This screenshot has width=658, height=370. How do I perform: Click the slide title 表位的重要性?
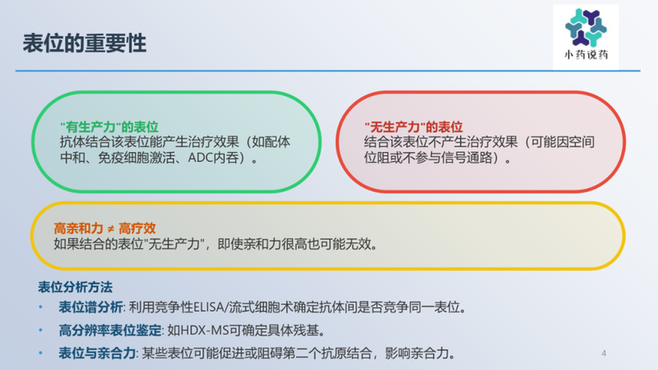85,44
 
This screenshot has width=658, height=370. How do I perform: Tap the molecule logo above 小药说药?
586,27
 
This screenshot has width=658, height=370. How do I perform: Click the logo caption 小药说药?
586,56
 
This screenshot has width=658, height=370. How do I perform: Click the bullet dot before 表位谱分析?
42,308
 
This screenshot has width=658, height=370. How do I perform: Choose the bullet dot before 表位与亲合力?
42,354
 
